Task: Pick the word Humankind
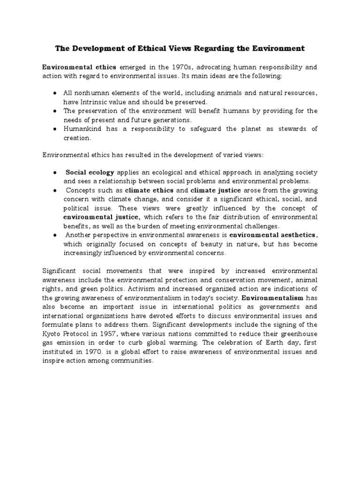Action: click(x=81, y=129)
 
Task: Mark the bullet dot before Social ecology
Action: click(x=55, y=172)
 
